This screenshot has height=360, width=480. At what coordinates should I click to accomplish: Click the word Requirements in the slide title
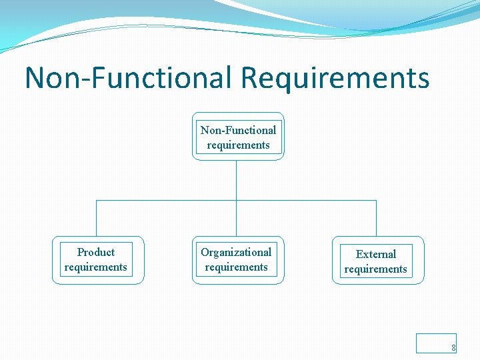(335, 78)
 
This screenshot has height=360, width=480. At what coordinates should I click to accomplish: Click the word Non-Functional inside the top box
(238, 130)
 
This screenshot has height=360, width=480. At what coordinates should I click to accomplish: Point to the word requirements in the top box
(238, 145)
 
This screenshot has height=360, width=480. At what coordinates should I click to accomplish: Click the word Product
(96, 252)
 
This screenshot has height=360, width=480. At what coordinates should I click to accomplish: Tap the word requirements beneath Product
(96, 267)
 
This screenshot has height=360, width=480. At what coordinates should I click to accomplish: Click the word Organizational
(236, 252)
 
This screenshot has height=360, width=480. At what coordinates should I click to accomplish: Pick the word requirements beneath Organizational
(236, 267)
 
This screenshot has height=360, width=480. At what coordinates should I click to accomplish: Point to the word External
(376, 254)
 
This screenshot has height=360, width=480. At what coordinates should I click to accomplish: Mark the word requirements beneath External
(376, 269)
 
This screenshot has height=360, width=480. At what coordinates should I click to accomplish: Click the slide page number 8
(453, 347)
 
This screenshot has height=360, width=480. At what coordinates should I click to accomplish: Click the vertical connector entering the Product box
(97, 220)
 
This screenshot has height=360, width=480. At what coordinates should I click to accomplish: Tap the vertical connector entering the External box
(376, 220)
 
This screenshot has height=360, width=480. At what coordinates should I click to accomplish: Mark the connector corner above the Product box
(97, 200)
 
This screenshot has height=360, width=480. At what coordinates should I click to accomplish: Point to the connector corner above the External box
(376, 200)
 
